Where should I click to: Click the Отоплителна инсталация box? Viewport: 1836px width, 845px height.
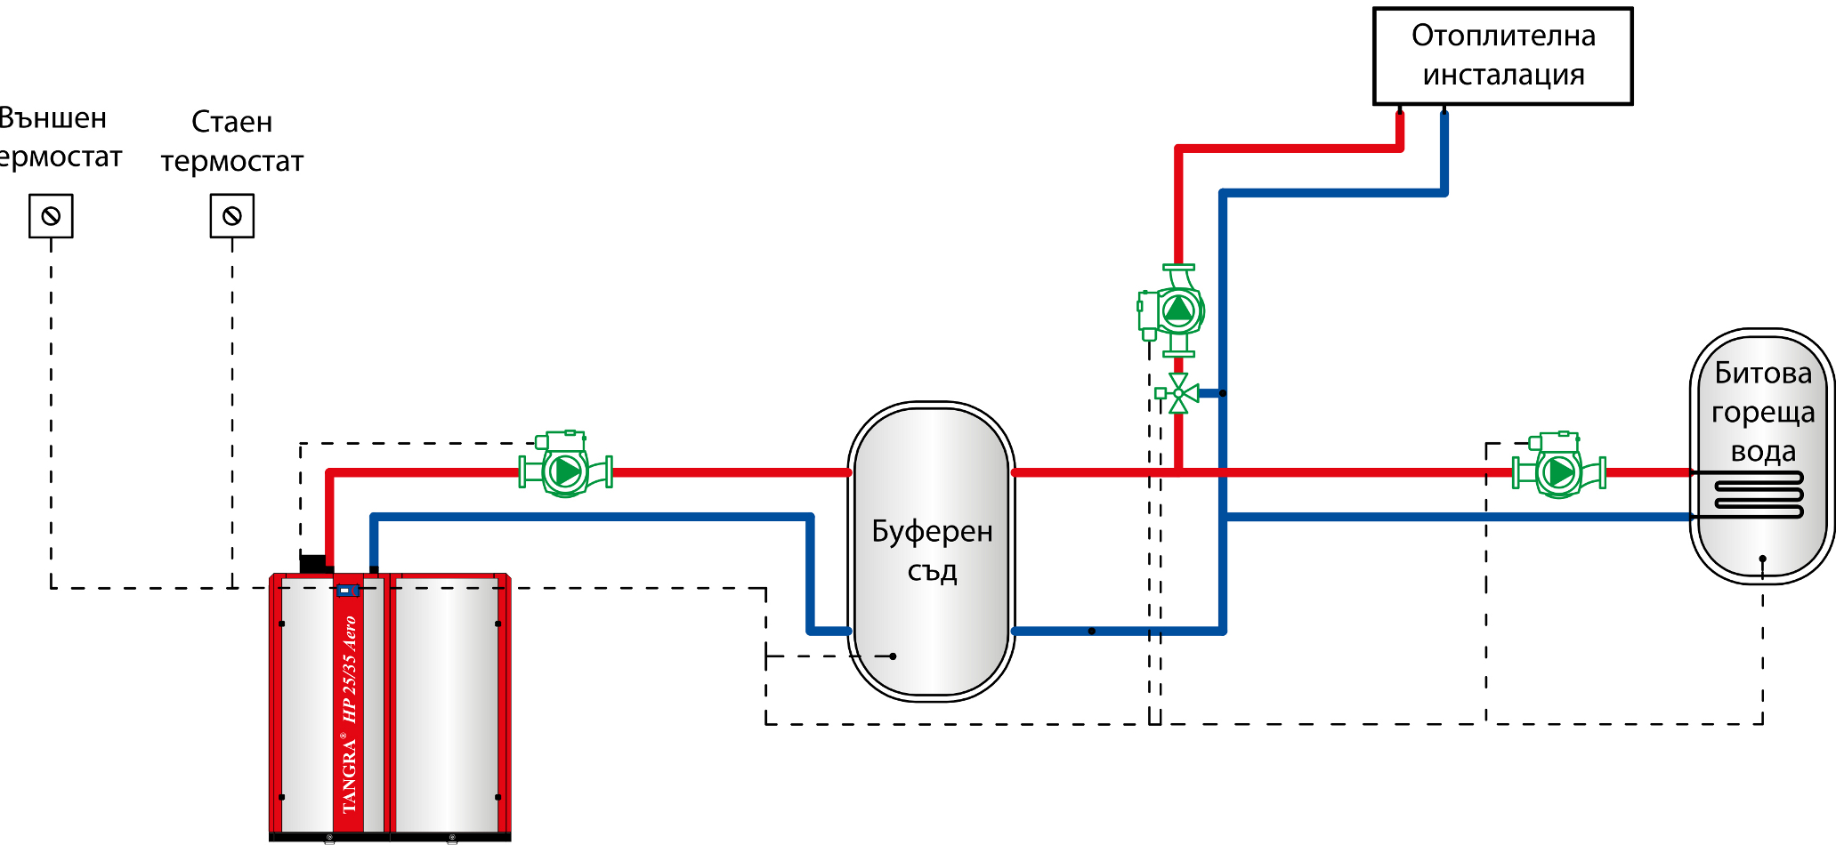click(1502, 56)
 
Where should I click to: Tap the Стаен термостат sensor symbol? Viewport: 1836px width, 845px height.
click(232, 216)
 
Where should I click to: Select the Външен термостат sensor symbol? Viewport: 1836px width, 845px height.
click(51, 216)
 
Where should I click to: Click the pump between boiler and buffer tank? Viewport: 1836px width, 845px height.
click(566, 469)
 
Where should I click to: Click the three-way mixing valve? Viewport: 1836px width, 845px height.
click(1178, 393)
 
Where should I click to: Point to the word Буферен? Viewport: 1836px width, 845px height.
click(932, 532)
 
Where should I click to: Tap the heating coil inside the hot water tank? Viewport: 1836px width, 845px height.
click(1758, 495)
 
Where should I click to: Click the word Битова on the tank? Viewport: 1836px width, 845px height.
click(1763, 374)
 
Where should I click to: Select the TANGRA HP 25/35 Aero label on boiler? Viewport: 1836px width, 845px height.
click(349, 712)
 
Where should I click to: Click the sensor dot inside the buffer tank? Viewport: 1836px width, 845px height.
click(893, 656)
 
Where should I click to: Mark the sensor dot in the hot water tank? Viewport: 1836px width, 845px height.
click(1762, 559)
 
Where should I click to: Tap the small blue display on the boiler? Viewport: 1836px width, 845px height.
click(346, 590)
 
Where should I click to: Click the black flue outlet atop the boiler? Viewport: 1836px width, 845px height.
click(314, 563)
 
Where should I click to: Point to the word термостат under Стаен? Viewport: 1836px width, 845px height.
click(232, 162)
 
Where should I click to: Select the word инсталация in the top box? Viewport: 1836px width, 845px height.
click(1503, 76)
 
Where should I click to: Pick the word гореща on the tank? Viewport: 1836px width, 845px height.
click(1763, 413)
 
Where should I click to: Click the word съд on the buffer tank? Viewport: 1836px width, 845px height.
click(932, 571)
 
